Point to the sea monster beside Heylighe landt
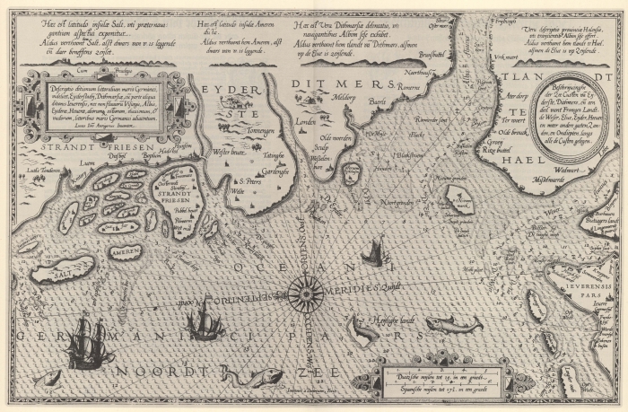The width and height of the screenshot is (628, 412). (x=364, y=329)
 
